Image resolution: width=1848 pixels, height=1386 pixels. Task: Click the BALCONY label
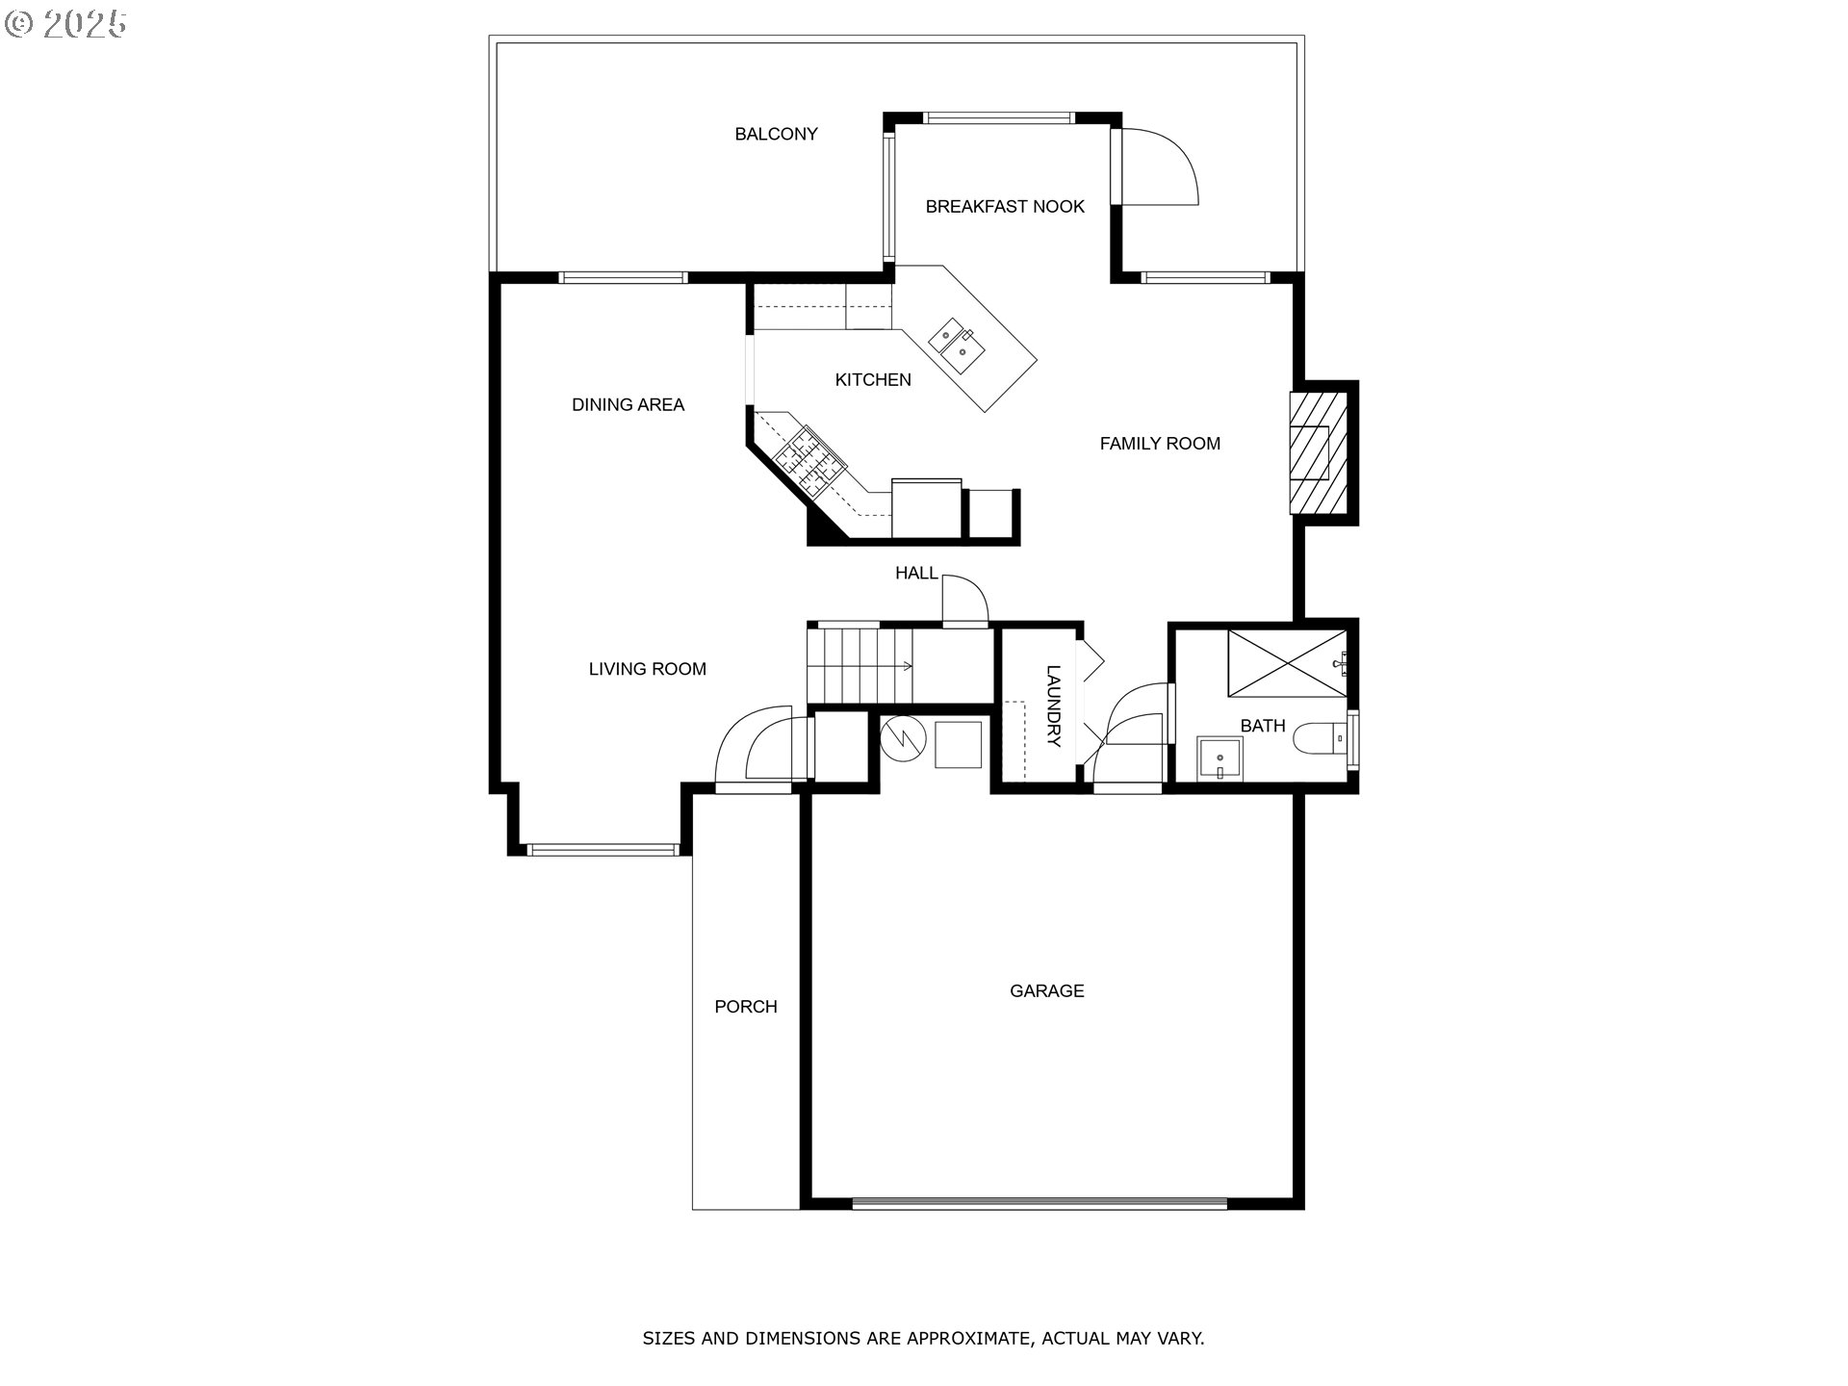point(776,134)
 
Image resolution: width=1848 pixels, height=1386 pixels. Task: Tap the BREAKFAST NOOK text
point(1005,206)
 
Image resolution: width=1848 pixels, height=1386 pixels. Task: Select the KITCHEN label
point(873,380)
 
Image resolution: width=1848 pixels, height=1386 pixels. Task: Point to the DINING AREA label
point(628,405)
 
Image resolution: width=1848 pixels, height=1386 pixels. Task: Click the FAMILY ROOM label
point(1160,444)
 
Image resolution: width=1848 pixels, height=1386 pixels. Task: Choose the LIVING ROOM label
point(647,669)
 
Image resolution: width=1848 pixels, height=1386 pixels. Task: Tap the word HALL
point(916,574)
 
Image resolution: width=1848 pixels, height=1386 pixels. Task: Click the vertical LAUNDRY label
point(1053,706)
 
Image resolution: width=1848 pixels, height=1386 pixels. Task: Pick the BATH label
point(1263,726)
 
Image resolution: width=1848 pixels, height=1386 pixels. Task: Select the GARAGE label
point(1046,990)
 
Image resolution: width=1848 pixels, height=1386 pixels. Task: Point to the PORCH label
point(745,1007)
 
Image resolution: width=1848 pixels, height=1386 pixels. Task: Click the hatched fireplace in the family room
point(1316,452)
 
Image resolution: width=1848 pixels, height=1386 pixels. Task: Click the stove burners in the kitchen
point(810,461)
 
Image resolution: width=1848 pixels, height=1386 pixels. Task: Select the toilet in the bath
point(1319,739)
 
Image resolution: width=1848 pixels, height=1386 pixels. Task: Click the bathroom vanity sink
point(1219,759)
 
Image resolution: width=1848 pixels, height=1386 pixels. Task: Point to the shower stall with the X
point(1286,662)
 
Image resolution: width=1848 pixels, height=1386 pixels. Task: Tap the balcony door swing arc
point(1167,166)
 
